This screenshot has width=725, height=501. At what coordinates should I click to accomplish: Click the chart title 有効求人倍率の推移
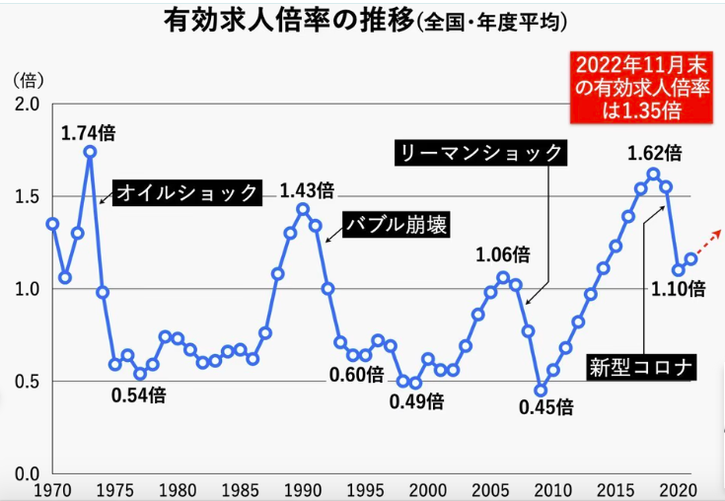286,22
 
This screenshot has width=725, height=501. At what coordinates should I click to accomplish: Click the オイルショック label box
186,192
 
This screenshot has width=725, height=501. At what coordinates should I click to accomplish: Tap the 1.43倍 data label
307,190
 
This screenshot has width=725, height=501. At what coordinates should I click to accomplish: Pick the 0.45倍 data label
546,406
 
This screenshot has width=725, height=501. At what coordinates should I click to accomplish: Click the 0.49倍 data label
416,401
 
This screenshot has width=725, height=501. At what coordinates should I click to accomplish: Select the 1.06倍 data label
503,255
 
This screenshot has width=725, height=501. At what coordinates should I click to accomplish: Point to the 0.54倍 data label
138,395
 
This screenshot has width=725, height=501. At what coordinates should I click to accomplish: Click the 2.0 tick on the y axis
26,105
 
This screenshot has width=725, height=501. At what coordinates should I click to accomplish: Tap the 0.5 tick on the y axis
26,382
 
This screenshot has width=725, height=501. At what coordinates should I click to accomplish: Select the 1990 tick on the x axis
302,489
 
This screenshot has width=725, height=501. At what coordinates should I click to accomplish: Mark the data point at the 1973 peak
90,152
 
